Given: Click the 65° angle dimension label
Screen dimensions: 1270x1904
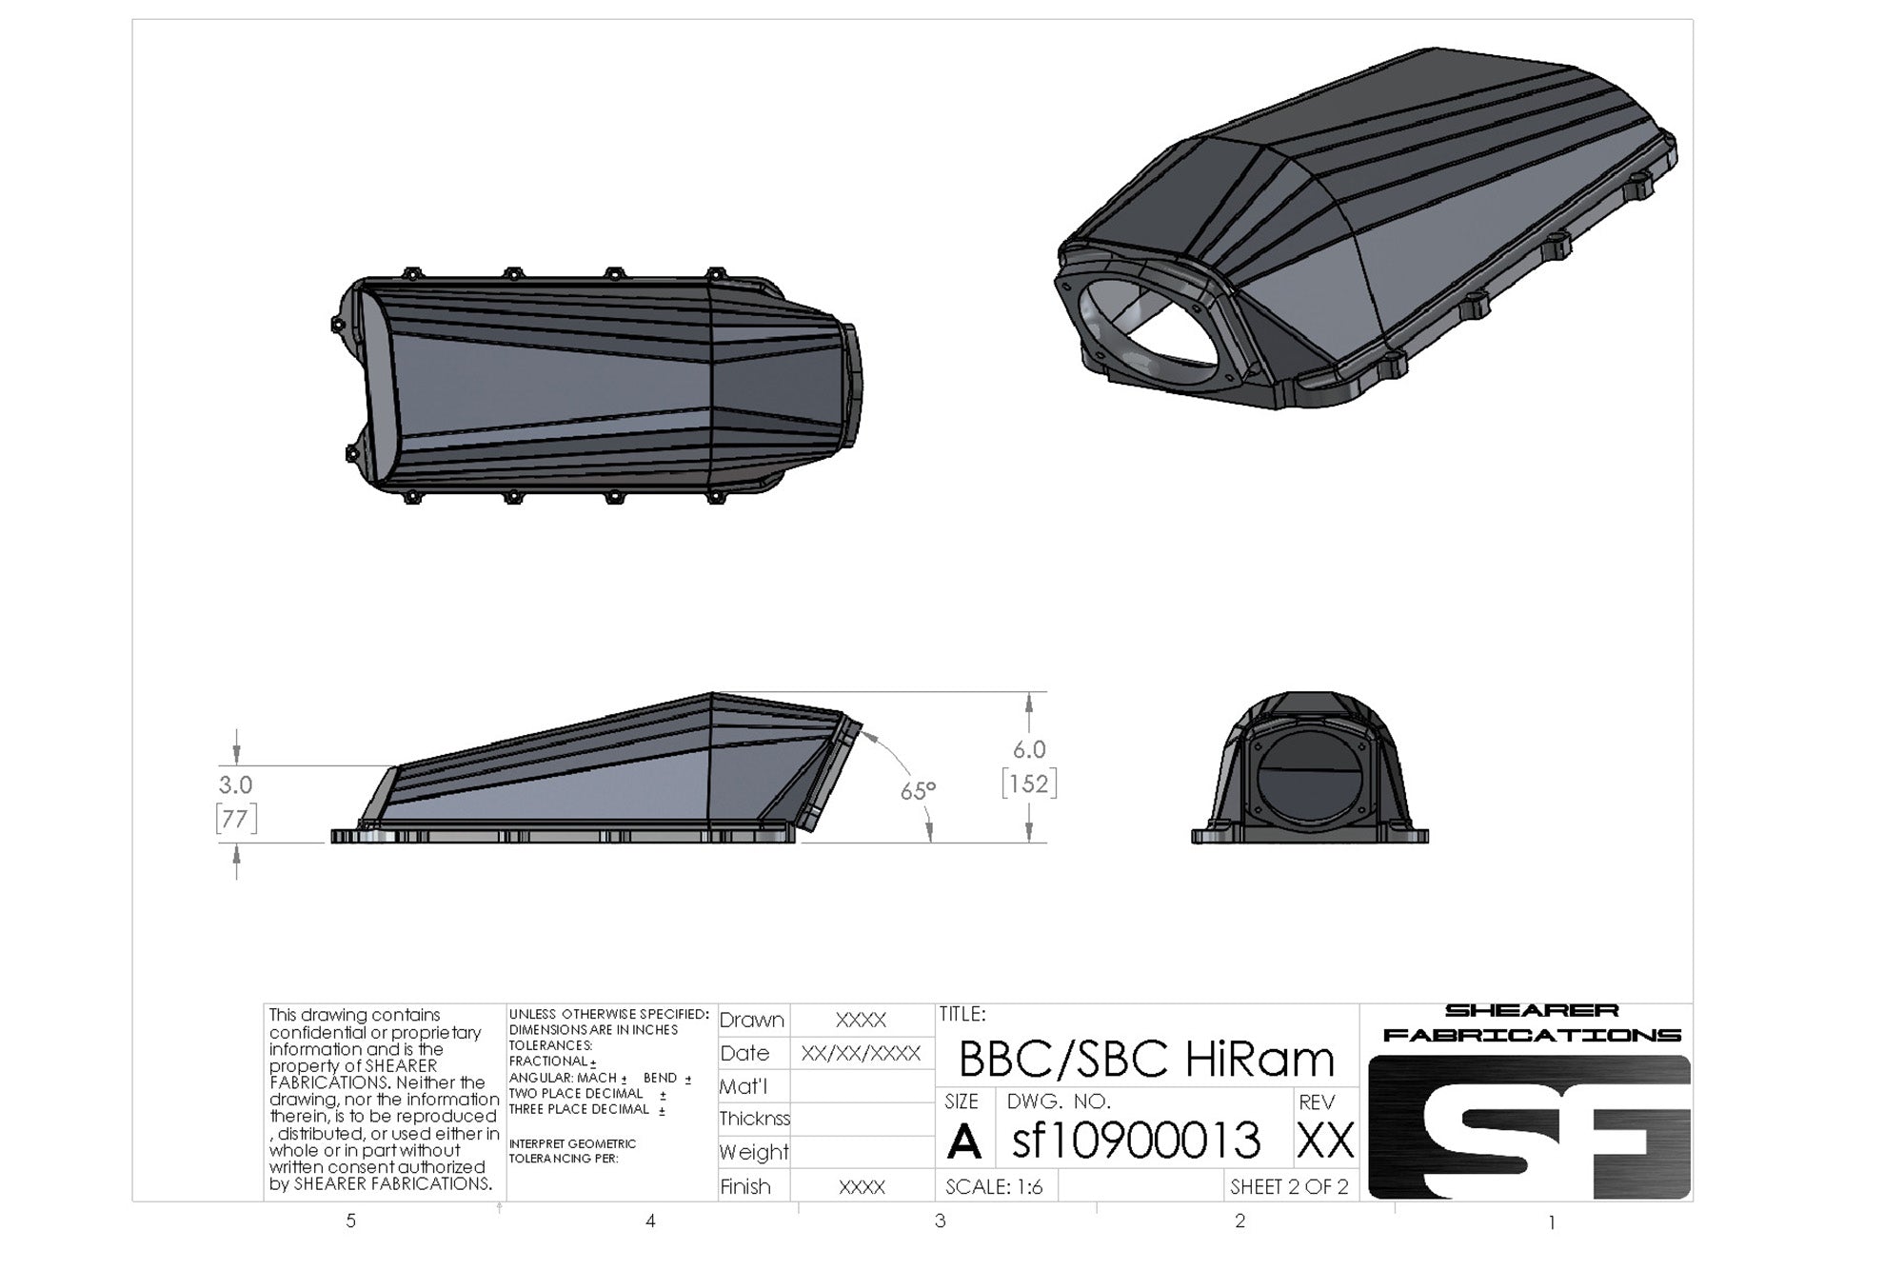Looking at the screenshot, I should click(x=918, y=791).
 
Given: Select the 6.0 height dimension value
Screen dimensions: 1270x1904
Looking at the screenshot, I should click(x=1029, y=749).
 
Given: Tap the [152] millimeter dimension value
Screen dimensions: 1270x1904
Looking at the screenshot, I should click(x=1029, y=784).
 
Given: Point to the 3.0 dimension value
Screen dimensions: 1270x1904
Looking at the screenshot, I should click(x=235, y=784).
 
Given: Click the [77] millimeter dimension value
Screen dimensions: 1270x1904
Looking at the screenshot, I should click(x=235, y=819).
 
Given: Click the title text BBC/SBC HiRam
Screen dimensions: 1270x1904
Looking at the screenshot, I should click(x=1146, y=1058).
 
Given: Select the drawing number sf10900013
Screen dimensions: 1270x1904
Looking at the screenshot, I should click(x=1136, y=1141).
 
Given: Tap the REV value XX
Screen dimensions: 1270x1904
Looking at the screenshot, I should click(x=1325, y=1141).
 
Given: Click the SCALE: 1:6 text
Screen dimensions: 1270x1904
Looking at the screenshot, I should click(x=994, y=1187).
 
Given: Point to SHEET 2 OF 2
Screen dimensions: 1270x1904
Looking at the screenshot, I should click(x=1289, y=1187).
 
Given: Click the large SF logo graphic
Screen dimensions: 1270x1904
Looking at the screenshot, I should click(x=1529, y=1127).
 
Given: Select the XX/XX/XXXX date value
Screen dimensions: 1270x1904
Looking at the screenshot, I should click(x=861, y=1053).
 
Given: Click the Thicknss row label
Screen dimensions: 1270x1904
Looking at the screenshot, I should click(x=754, y=1119).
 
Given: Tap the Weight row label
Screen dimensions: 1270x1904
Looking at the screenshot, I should click(x=754, y=1152).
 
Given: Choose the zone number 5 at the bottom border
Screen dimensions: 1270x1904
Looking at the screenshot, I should click(x=351, y=1220).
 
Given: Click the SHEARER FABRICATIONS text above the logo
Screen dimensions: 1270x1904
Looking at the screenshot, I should click(x=1531, y=1022).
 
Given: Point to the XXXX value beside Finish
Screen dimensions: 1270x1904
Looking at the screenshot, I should click(x=861, y=1187).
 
